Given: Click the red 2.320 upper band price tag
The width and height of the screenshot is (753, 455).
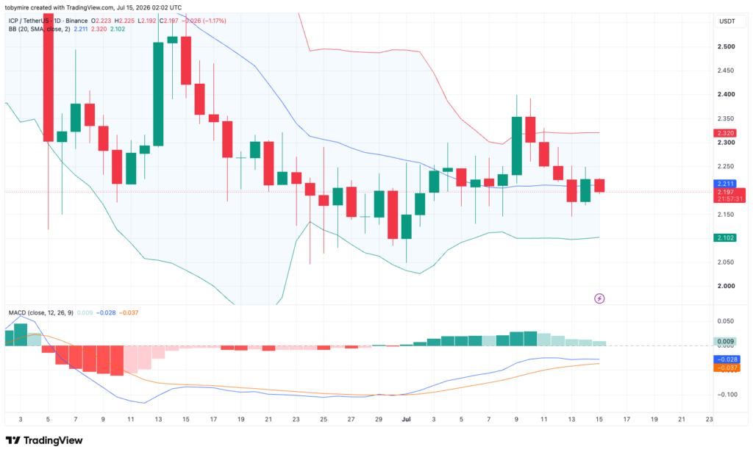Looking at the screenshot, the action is click(x=724, y=133).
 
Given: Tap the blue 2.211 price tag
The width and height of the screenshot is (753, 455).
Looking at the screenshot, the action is click(x=724, y=184).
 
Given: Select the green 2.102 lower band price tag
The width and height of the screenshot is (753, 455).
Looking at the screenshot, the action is click(x=724, y=237).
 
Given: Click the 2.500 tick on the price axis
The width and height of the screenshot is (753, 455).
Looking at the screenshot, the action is click(x=726, y=46).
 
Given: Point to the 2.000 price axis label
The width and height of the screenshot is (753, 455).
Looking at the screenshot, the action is click(x=726, y=286).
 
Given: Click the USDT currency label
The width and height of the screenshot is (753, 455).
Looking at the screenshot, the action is click(x=727, y=21).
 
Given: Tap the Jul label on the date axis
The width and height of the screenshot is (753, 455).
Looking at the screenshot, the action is click(x=406, y=419).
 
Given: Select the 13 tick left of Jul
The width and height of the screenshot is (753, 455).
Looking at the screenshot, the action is click(x=158, y=419).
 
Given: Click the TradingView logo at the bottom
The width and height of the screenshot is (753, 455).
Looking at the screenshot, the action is click(x=44, y=440).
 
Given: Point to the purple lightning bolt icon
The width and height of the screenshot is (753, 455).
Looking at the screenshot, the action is click(x=599, y=298).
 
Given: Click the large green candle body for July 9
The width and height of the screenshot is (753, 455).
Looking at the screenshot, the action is click(x=517, y=146).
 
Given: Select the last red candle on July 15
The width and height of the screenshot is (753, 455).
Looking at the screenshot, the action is click(x=599, y=186).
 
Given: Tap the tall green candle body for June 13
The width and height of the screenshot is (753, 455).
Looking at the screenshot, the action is click(x=158, y=94).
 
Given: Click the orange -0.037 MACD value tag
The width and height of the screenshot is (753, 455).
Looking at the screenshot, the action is click(x=727, y=368).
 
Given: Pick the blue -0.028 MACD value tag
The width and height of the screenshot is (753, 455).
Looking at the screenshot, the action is click(x=727, y=359).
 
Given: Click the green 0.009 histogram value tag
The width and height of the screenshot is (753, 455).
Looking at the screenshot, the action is click(x=724, y=342).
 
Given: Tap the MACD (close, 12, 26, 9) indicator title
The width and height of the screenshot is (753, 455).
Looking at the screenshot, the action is click(x=41, y=313).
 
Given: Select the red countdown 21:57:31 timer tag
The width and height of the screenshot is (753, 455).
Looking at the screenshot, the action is click(x=730, y=198).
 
